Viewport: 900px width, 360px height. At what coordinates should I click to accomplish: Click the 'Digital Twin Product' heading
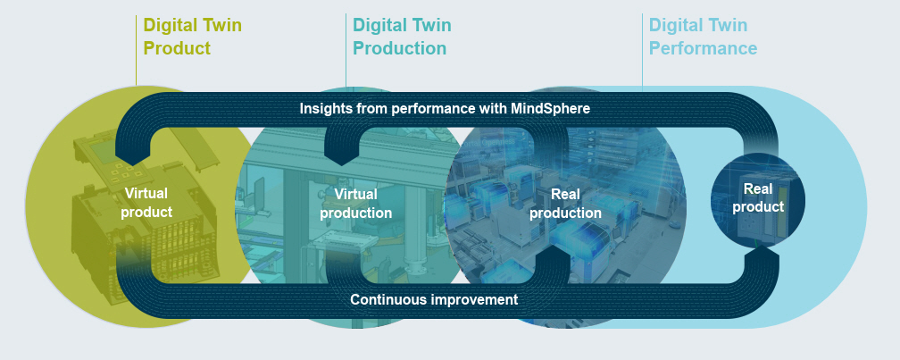click(x=192, y=37)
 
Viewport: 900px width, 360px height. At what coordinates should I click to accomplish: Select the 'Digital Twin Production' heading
click(x=402, y=37)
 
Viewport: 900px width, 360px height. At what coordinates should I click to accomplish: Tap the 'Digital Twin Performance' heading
click(x=704, y=37)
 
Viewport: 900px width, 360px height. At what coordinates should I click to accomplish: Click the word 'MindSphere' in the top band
click(x=550, y=108)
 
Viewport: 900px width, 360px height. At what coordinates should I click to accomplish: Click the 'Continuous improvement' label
click(x=434, y=299)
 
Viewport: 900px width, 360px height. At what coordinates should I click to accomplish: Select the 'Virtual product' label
click(x=146, y=203)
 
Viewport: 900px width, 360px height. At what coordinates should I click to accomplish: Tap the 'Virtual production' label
click(x=356, y=204)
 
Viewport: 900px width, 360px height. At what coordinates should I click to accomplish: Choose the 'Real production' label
click(x=565, y=204)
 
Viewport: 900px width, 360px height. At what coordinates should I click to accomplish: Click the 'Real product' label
click(x=758, y=197)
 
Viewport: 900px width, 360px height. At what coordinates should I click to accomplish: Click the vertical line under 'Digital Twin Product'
click(x=137, y=51)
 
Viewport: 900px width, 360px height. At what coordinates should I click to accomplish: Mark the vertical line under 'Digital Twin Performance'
click(x=642, y=51)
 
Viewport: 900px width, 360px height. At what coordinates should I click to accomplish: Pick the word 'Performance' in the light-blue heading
click(x=704, y=48)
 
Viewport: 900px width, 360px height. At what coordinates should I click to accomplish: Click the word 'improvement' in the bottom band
click(x=479, y=300)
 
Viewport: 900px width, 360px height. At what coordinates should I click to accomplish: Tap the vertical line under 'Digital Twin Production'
click(x=346, y=51)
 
